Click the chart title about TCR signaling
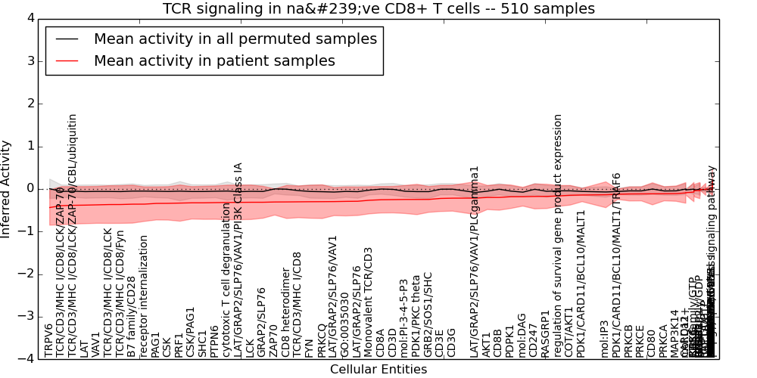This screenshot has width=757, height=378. pyautogui.click(x=378, y=8)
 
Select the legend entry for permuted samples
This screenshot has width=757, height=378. pyautogui.click(x=235, y=39)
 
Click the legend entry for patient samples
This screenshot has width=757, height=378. pyautogui.click(x=214, y=61)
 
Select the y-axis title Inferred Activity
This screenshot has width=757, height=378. pyautogui.click(x=7, y=188)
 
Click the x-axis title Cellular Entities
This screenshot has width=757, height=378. pyautogui.click(x=378, y=370)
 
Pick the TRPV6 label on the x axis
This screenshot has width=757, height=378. pyautogui.click(x=49, y=340)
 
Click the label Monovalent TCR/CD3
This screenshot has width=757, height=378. pyautogui.click(x=369, y=302)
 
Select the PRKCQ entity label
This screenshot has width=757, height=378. pyautogui.click(x=321, y=339)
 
